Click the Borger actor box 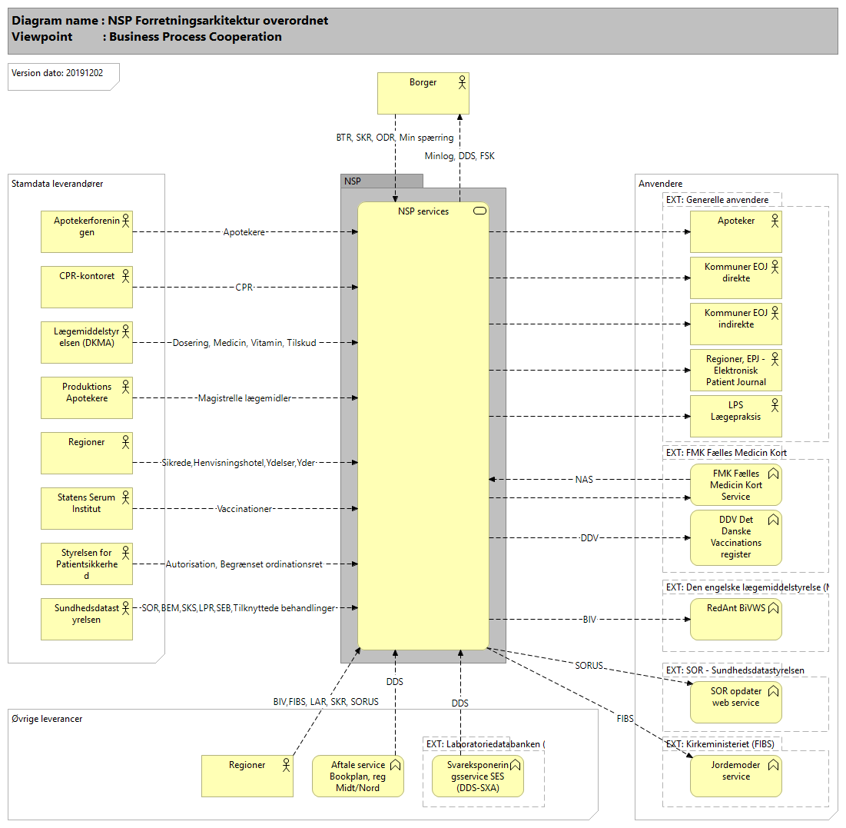423,93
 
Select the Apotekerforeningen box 86,231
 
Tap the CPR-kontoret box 86,287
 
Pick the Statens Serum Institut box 86,508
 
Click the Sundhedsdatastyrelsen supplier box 86,619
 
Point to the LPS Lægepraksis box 735,416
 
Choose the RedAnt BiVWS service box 735,619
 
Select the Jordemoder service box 735,776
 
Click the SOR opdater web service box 735,702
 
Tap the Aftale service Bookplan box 357,776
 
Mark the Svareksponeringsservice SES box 477,776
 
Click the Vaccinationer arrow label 244,509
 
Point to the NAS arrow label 584,479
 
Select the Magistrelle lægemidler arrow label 244,398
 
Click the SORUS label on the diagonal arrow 589,665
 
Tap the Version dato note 63,75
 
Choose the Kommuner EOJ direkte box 735,278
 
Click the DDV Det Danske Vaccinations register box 735,536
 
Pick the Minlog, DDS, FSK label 459,156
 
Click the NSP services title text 423,211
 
